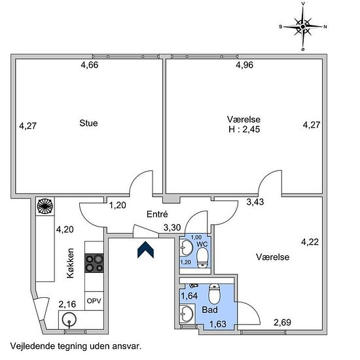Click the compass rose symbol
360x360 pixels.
pos(303,27)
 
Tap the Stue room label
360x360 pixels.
pos(88,123)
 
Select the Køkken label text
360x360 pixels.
pos(70,263)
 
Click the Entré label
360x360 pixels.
pos(157,214)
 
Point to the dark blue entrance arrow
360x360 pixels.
pos(145,250)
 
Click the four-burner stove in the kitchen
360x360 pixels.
pos(94,263)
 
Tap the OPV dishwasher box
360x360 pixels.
pos(94,301)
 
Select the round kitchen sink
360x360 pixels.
pos(69,319)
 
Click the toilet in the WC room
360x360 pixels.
pos(202,258)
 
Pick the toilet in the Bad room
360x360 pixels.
pos(214,294)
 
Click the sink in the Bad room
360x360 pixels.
pos(186,314)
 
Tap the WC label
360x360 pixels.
pos(202,244)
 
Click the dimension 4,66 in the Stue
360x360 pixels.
pos(90,65)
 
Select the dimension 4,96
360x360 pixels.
pos(245,65)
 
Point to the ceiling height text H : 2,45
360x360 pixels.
pos(244,129)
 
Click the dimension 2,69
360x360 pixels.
pos(282,323)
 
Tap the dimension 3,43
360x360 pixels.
pos(255,202)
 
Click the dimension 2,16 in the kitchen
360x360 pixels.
pos(67,304)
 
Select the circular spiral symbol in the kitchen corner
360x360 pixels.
pos(45,206)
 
